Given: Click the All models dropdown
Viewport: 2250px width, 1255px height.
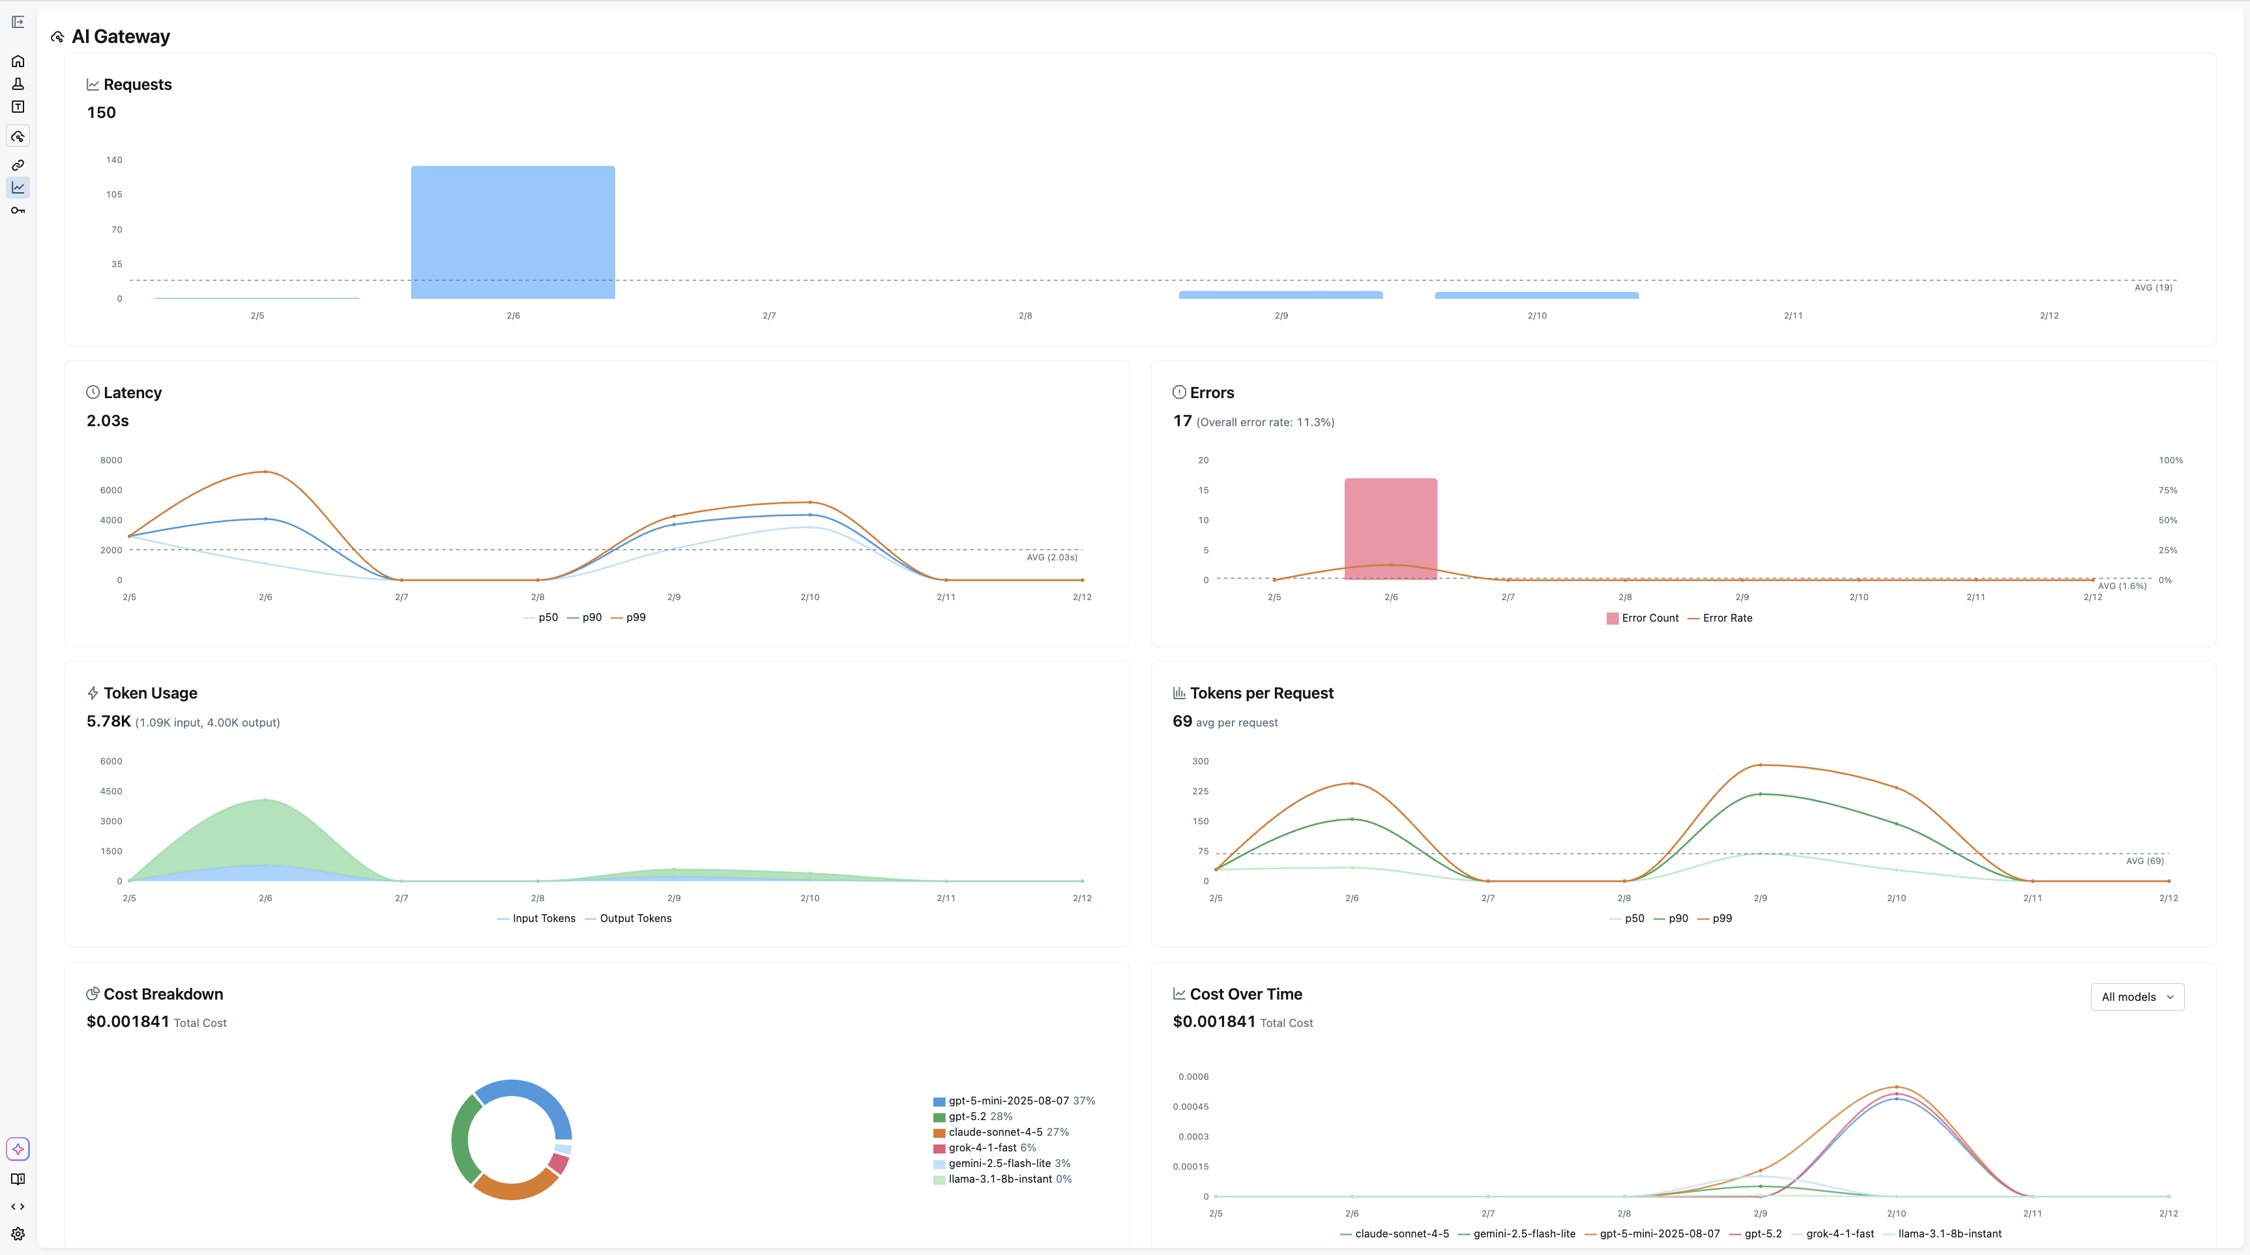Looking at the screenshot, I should [2137, 996].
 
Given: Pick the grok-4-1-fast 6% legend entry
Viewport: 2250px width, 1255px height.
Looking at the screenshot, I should [991, 1147].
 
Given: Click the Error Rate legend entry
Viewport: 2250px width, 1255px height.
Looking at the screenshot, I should [1726, 618].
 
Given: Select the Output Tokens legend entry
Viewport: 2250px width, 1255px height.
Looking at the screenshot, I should [634, 918].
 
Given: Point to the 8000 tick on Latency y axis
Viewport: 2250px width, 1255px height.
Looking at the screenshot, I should [111, 460].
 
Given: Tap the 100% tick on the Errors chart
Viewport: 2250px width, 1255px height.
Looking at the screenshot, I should [2170, 460].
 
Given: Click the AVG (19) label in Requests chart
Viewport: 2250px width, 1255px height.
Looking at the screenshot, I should [2152, 287].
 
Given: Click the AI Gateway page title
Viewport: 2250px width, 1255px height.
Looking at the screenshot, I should [121, 36].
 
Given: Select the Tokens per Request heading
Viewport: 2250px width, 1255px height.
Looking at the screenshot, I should [1261, 693].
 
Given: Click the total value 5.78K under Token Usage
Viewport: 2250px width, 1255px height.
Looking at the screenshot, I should [108, 721].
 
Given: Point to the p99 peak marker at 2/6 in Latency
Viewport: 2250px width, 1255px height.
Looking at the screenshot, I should [265, 472].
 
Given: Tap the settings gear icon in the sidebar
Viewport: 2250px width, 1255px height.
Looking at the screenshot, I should [18, 1233].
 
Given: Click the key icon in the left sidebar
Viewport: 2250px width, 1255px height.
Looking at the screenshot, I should [18, 210].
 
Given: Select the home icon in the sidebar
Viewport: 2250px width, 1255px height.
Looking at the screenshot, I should [18, 61].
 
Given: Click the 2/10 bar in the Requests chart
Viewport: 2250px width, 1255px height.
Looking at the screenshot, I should [1536, 295].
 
